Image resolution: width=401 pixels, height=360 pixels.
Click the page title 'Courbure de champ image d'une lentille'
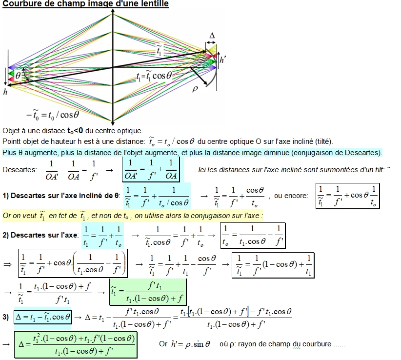click(86, 4)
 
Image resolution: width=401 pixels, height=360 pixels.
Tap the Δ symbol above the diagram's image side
click(212, 36)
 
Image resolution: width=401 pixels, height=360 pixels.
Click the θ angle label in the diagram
click(18, 76)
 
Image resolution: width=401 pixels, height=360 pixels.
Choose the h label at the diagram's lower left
click(5, 92)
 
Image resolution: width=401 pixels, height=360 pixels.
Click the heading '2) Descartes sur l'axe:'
click(40, 235)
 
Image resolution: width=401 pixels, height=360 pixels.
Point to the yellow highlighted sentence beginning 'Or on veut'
click(133, 216)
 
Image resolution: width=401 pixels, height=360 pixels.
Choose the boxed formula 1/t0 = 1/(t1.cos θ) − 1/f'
click(252, 235)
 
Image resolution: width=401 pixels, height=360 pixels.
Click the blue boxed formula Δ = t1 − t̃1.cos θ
click(43, 317)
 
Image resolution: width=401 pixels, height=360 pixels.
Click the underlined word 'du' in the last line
click(296, 344)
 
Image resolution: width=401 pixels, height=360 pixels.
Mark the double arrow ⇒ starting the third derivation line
click(7, 264)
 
